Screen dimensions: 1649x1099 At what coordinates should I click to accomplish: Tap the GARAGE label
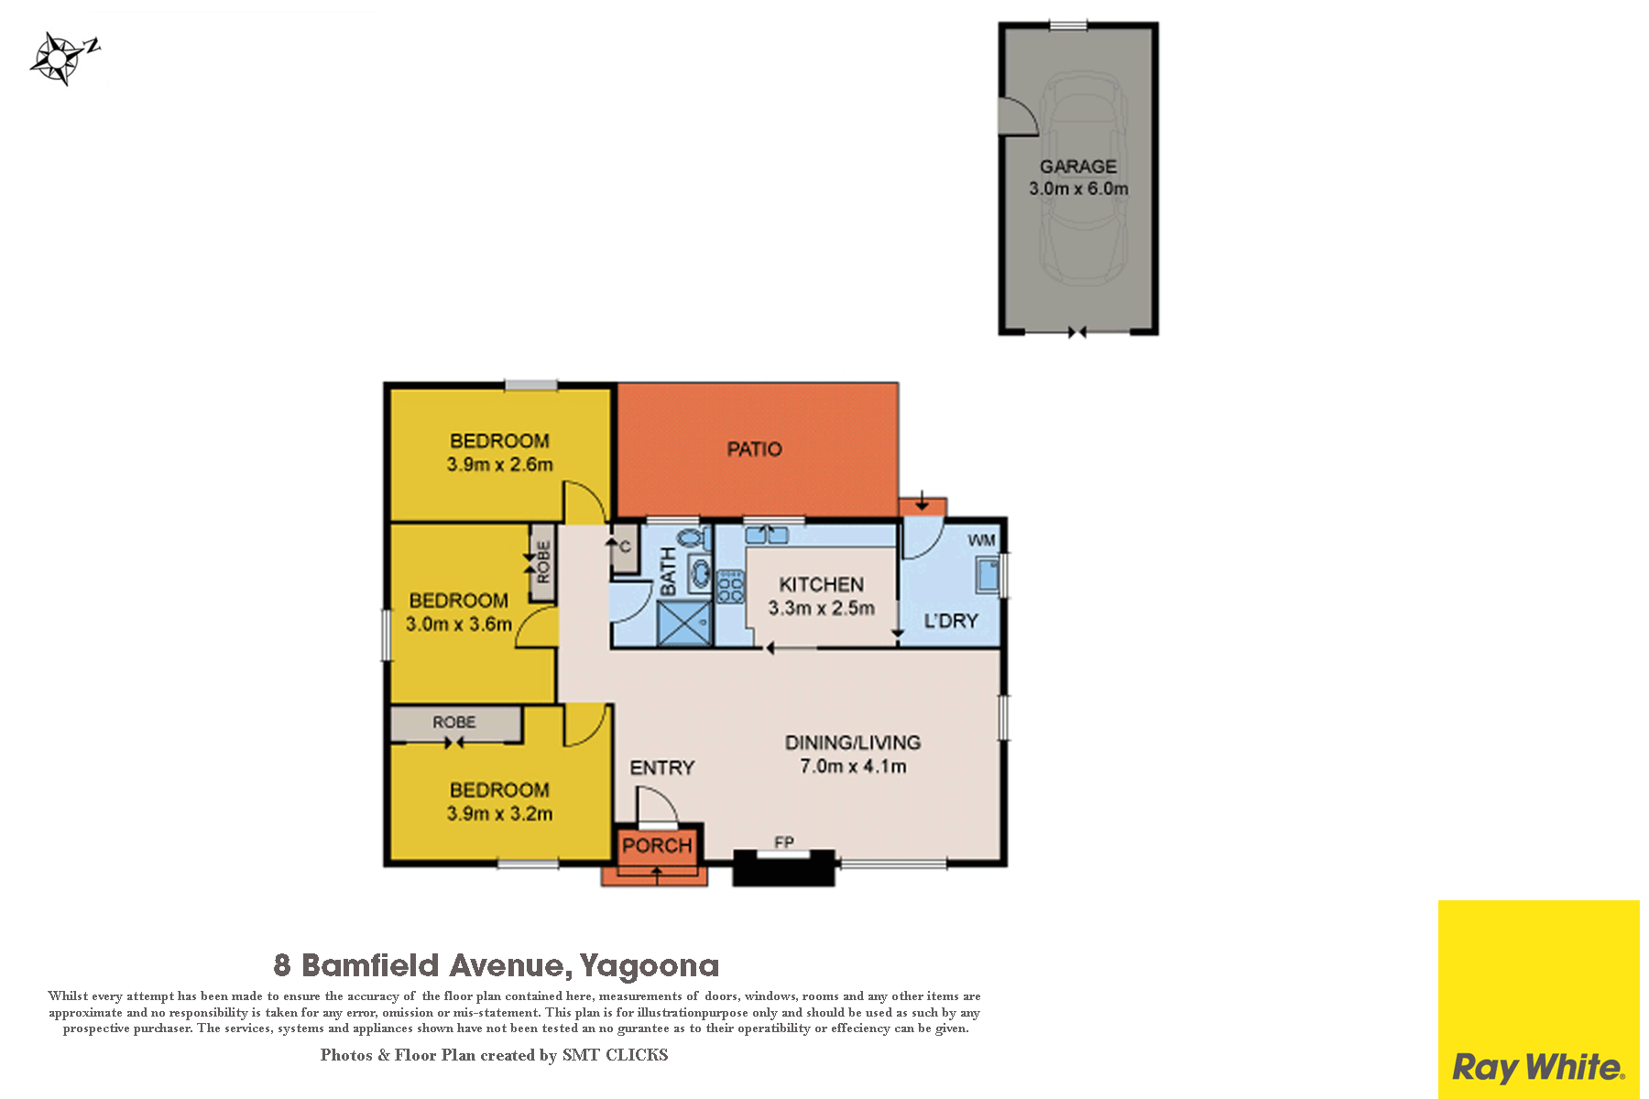coord(1077,167)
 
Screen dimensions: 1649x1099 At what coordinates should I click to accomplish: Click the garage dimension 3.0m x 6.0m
coord(1078,189)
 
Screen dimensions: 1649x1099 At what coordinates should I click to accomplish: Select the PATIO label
coord(754,449)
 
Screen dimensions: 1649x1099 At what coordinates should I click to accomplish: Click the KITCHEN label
coord(821,584)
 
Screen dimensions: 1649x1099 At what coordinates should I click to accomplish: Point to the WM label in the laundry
coord(981,540)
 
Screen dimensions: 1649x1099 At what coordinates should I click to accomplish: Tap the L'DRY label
coord(951,621)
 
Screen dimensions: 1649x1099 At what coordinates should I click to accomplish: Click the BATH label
coord(669,571)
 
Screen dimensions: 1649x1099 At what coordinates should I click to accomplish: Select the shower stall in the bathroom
coord(685,623)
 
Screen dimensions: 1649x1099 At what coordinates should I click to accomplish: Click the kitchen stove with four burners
coord(730,586)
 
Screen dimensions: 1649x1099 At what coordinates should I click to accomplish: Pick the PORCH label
coord(657,845)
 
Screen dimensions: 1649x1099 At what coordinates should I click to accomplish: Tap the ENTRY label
coord(661,767)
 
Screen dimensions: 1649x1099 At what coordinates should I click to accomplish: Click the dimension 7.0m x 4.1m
coord(853,767)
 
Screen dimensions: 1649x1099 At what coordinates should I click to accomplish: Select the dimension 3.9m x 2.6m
coord(499,464)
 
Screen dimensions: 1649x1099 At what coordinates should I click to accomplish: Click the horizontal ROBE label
coord(454,723)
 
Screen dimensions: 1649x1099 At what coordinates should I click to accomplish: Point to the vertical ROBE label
coord(543,561)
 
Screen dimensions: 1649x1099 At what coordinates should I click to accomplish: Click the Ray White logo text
coord(1538,1068)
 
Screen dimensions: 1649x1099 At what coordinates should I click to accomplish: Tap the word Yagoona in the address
coord(649,965)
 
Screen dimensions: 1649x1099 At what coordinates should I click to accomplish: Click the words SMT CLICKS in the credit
coord(615,1055)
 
